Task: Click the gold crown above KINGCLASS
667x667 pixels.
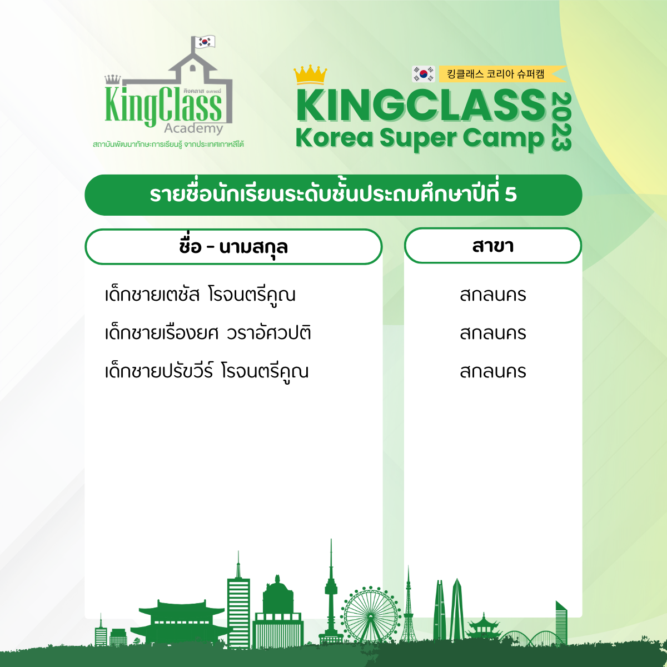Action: (x=310, y=74)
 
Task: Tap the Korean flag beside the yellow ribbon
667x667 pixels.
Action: (x=423, y=74)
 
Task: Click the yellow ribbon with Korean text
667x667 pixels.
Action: (x=502, y=74)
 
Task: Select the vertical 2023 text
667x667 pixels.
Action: (x=561, y=121)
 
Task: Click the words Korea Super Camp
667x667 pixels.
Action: (x=420, y=138)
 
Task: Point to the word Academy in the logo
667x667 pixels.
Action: (x=193, y=128)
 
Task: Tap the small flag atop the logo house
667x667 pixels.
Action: (x=205, y=42)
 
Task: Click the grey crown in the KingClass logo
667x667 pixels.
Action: (x=113, y=79)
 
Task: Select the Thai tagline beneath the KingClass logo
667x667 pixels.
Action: (x=168, y=144)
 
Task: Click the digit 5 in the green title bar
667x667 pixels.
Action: (x=511, y=195)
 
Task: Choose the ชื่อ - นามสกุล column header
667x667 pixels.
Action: (x=233, y=247)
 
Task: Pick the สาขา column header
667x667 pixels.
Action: (x=493, y=246)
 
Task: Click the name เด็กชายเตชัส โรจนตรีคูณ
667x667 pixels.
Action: (x=200, y=295)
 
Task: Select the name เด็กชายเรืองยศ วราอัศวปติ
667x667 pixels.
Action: (x=208, y=332)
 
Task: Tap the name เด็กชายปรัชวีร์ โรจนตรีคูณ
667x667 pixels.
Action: (x=207, y=371)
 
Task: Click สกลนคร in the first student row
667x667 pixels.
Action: (x=493, y=295)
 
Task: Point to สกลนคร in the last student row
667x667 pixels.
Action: (x=493, y=372)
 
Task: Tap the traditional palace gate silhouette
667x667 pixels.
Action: (x=181, y=623)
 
